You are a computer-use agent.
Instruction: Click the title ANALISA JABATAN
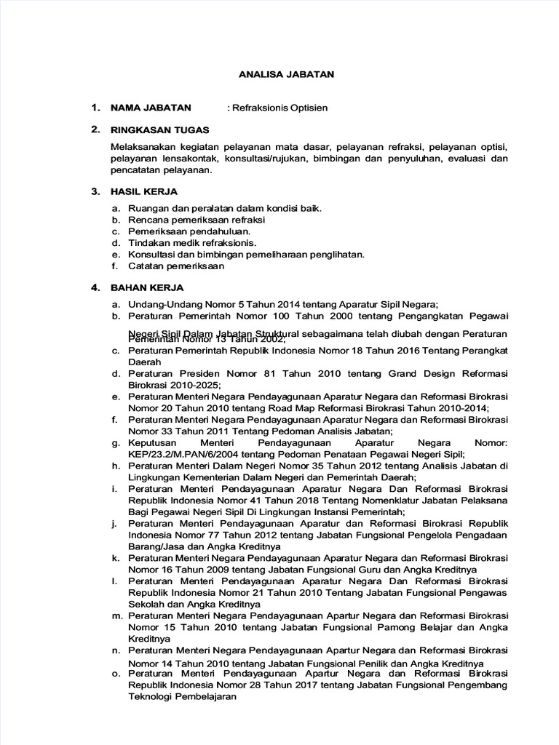287,73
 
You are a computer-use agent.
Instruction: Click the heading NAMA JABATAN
151,107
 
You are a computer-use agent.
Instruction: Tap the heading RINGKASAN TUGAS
159,130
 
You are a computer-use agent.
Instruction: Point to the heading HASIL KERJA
143,191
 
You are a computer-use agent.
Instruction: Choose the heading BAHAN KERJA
146,287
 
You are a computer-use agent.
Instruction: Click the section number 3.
95,191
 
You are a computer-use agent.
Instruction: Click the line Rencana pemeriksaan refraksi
197,220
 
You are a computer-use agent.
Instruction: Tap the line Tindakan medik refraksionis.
192,243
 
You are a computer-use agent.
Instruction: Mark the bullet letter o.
115,673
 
